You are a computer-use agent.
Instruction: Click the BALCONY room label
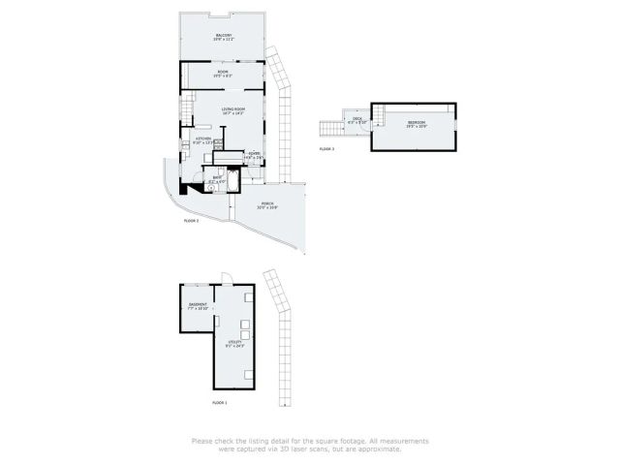223,36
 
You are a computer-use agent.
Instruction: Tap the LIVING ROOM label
232,109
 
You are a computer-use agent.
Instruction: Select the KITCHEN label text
204,139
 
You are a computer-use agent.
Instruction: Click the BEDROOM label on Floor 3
417,122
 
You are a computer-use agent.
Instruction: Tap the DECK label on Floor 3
356,119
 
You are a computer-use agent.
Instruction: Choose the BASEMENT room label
198,305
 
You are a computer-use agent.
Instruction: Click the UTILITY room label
233,342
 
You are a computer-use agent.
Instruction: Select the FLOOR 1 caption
219,402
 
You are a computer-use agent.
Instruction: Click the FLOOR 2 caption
191,221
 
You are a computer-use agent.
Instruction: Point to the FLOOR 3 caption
326,149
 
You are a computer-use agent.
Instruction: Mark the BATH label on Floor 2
218,177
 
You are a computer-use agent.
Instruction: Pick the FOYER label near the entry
254,153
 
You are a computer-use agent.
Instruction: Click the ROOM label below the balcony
223,72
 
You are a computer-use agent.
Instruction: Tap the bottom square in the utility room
250,374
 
